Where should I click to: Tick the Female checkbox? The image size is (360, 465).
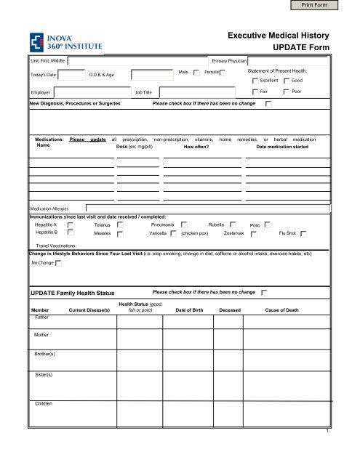(223, 73)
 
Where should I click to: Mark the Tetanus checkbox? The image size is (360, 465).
(121, 225)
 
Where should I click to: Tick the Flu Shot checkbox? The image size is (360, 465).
(304, 235)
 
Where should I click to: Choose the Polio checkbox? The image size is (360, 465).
(268, 225)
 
